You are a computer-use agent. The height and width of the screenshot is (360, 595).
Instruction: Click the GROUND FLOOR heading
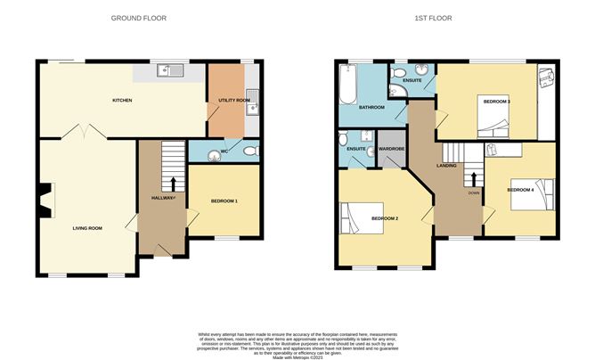point(138,18)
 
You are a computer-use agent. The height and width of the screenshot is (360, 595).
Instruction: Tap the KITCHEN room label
point(122,101)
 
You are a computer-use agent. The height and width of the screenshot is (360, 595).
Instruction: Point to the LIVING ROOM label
point(87,228)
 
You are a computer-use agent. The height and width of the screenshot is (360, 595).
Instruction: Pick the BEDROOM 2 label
point(384,218)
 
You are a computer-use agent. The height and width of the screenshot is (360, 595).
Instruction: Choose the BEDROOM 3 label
point(496,102)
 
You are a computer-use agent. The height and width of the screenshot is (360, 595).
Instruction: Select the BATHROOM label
point(371,108)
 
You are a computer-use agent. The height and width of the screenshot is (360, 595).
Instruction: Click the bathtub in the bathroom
point(347,86)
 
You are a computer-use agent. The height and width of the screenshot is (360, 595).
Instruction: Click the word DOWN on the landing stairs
point(473,192)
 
